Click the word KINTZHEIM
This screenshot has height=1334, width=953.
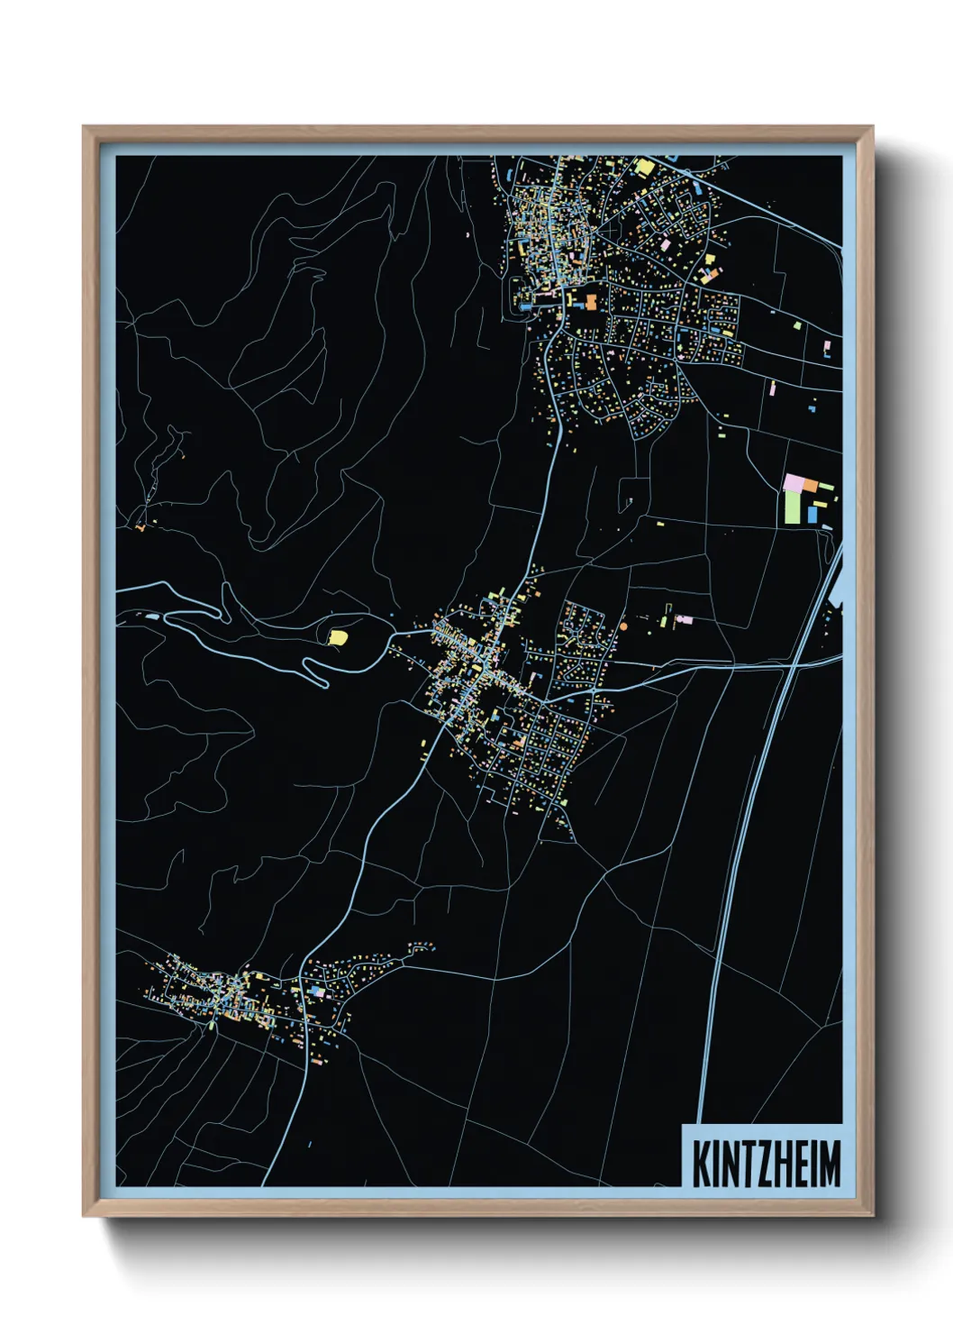(766, 1164)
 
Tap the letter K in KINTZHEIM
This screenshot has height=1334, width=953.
(699, 1164)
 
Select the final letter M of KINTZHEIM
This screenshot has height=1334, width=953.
(830, 1164)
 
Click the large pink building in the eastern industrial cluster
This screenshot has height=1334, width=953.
(793, 482)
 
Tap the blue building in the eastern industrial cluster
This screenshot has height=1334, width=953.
(812, 514)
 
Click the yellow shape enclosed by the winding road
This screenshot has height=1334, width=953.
(337, 637)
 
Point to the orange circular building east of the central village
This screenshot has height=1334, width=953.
(622, 625)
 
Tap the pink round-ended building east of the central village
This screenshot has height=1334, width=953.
(685, 620)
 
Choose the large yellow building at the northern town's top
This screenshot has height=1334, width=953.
(644, 166)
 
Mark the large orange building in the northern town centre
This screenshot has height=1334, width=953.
(592, 302)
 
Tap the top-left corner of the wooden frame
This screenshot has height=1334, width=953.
(84, 127)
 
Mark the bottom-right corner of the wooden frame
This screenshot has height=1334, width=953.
(872, 1215)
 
